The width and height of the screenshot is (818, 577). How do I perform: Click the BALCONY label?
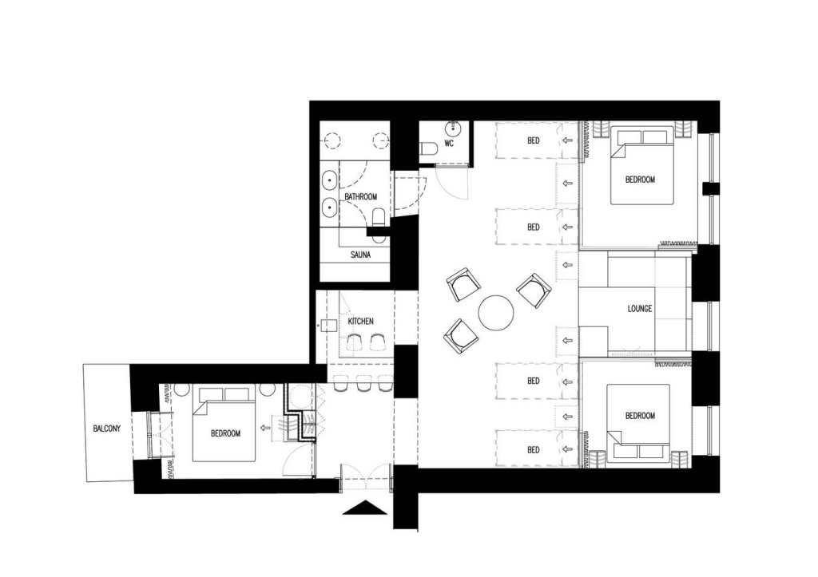106,429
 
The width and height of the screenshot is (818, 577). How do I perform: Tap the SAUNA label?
360,255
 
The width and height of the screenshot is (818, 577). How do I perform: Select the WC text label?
449,144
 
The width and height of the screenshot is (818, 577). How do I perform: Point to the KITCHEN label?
360,321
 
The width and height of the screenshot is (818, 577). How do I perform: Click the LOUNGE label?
640,309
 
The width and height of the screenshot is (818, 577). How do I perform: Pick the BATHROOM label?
360,196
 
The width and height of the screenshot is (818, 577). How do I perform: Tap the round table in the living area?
496,313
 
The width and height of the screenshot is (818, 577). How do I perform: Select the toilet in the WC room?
429,148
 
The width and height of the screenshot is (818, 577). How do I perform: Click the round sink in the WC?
452,128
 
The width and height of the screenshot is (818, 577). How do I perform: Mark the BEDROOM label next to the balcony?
225,433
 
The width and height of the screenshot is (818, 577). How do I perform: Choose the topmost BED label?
533,140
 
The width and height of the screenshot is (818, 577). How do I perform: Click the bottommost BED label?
533,450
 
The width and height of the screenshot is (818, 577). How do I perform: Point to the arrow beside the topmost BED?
568,140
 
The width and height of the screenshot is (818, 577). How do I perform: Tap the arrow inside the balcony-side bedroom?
265,428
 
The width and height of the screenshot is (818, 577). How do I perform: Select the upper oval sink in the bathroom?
330,181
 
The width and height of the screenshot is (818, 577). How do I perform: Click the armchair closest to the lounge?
534,290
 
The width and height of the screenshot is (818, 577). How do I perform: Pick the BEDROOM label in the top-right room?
640,180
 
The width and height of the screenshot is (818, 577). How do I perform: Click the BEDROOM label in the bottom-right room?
640,416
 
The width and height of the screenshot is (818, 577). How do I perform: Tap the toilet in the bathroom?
379,218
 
